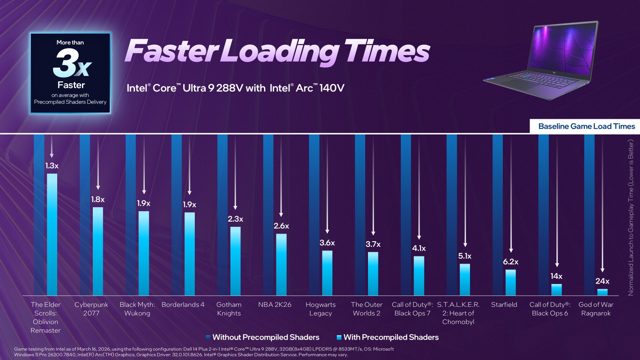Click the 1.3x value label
(x=52, y=166)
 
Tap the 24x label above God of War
(x=602, y=281)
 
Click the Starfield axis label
(x=504, y=305)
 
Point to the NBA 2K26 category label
(x=275, y=305)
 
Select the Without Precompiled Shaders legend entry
(x=262, y=337)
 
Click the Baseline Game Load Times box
(x=586, y=126)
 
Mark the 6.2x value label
(x=510, y=262)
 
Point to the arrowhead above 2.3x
(x=235, y=208)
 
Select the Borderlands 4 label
(x=183, y=305)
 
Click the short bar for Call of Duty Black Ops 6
(x=556, y=290)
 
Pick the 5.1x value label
(x=465, y=256)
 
